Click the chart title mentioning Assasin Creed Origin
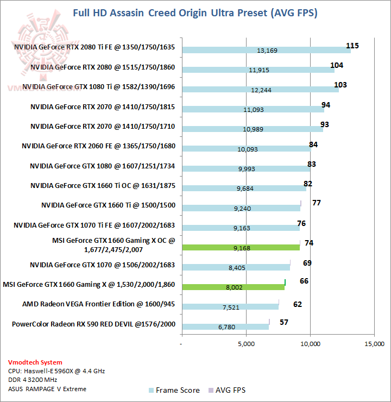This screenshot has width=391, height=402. pos(195,12)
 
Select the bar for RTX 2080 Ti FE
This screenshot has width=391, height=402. pos(266,50)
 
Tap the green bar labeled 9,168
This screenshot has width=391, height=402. pos(241,247)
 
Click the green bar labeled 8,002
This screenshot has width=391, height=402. pos(234,287)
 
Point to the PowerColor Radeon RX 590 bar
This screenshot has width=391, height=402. pos(225,326)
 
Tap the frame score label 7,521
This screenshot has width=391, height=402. pos(232,307)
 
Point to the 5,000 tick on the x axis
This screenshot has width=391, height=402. pos(246,344)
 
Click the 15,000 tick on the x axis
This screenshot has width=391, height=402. pos(374,344)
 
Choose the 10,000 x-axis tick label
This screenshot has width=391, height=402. pos(310,344)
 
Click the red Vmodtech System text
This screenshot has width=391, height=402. pos(35,362)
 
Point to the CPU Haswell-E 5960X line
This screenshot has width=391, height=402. pos(56,371)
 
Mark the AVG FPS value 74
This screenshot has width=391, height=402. pos(310,243)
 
